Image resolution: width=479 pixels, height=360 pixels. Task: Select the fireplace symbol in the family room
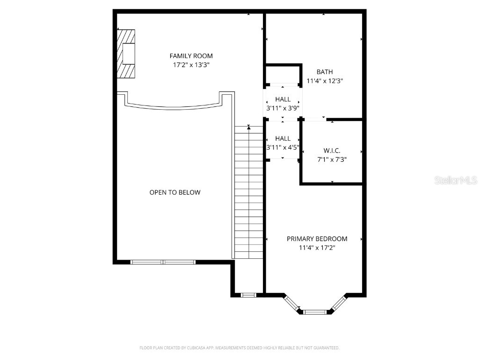click(x=126, y=54)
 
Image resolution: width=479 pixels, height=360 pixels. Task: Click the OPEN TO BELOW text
click(x=174, y=192)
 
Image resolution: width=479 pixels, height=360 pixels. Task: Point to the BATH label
click(x=325, y=72)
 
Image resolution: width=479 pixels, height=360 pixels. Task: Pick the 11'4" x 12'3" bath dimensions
click(x=325, y=81)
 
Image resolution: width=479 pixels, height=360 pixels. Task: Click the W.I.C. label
click(x=332, y=150)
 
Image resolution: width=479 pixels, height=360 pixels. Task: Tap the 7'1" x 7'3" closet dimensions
click(x=332, y=159)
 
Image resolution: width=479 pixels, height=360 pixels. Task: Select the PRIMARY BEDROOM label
click(x=317, y=239)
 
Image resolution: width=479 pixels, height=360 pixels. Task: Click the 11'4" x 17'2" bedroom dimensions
click(x=317, y=247)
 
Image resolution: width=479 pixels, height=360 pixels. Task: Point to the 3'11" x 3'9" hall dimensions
click(x=283, y=108)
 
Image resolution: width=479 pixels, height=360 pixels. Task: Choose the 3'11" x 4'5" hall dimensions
click(x=283, y=147)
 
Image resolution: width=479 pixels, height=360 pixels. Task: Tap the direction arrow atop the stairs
click(x=249, y=127)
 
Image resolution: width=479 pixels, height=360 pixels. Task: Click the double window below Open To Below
click(x=163, y=262)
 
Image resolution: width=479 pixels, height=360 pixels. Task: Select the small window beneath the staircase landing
click(x=248, y=295)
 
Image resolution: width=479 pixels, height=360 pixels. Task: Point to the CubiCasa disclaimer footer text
click(x=239, y=348)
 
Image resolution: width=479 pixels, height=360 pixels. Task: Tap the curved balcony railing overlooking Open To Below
click(x=174, y=105)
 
